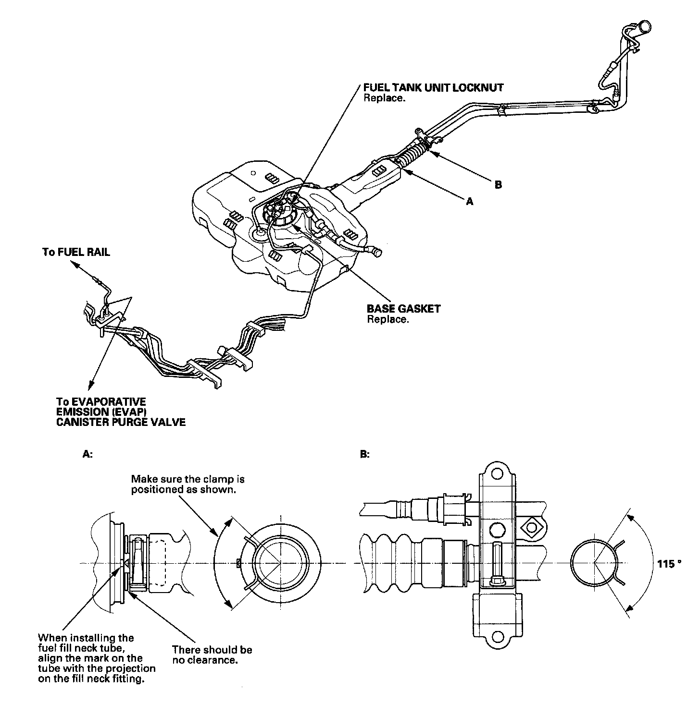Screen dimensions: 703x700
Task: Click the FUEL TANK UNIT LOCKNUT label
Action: coord(433,88)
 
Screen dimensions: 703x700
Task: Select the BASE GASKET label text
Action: coord(403,309)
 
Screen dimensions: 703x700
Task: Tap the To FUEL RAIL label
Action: coord(76,252)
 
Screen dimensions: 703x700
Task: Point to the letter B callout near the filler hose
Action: coord(498,184)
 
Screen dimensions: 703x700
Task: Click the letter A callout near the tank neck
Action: coord(470,202)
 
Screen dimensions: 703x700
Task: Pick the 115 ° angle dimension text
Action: coord(669,564)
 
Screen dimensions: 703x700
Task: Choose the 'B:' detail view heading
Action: coord(365,454)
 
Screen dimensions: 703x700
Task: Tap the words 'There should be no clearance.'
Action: coord(212,655)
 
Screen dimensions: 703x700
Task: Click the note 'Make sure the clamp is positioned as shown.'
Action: coord(188,485)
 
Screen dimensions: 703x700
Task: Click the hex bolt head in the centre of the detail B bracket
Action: coord(497,530)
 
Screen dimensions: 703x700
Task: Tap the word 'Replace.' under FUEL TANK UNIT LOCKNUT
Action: coord(385,98)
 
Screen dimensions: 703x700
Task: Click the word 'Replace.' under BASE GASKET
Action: coord(387,319)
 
